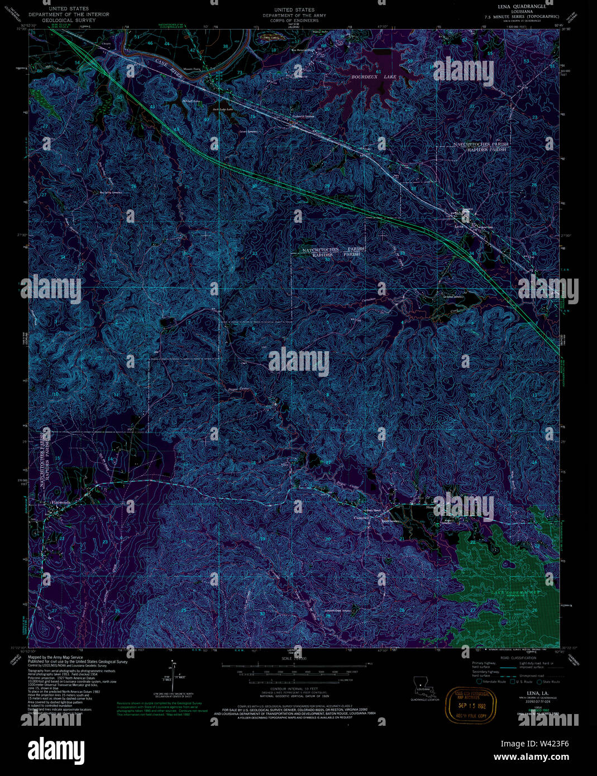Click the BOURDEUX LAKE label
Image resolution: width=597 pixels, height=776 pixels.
pos(369,76)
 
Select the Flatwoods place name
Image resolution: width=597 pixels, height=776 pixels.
pos(60,502)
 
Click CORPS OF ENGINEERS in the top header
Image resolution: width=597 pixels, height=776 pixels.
pos(295,20)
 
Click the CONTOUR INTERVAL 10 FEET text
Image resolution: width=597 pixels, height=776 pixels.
pos(285,689)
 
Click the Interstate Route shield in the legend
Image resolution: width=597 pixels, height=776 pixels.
pos(479,682)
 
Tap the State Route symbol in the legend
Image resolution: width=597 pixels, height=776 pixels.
pos(539,682)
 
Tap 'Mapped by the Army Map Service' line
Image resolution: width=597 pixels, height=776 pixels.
pos(55,658)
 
